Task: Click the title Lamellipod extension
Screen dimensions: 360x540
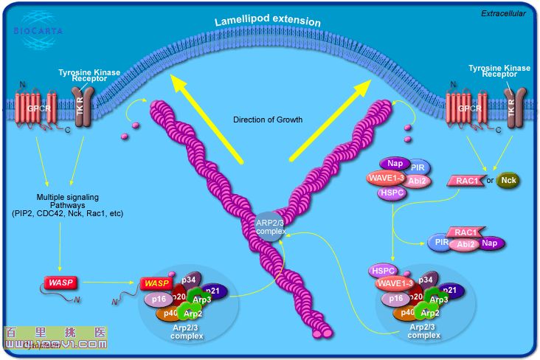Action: (268, 21)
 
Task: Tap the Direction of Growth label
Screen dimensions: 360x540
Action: (268, 120)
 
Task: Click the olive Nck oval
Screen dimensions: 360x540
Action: (508, 180)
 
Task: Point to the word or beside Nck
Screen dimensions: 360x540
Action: (488, 180)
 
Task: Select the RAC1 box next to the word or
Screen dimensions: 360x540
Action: (465, 180)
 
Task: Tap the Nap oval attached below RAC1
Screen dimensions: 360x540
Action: (490, 242)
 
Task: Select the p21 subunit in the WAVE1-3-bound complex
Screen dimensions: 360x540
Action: (450, 291)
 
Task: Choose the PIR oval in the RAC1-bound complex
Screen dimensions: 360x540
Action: (441, 242)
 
